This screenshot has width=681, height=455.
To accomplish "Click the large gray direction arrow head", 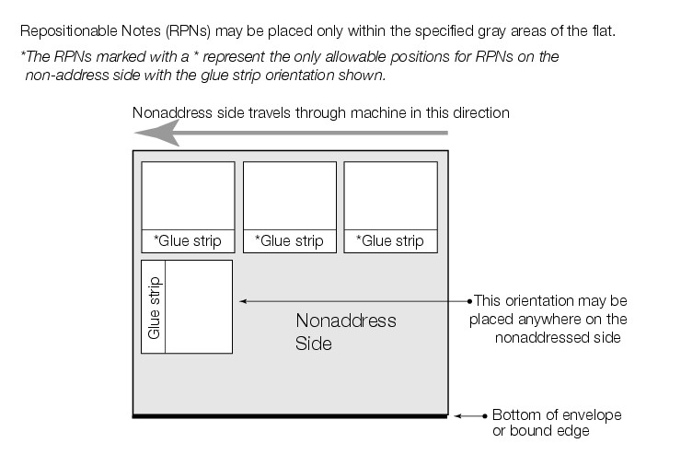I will (x=153, y=134).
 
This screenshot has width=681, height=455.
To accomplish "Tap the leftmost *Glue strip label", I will (x=188, y=241).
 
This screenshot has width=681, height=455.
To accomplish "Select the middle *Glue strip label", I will (x=289, y=241).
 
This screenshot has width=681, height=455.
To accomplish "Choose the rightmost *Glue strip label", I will (x=390, y=241).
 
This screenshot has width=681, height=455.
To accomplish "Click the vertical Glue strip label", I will (x=154, y=307).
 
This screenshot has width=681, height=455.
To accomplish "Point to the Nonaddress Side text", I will (x=345, y=332).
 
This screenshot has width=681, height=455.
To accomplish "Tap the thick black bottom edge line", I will (x=291, y=417).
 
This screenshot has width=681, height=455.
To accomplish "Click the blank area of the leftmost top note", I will (x=188, y=195).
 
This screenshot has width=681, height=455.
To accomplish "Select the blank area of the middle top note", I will (x=289, y=195).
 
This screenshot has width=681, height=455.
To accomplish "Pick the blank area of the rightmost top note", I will (x=390, y=195).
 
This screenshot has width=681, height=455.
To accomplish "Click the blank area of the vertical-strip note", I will (x=199, y=307).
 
